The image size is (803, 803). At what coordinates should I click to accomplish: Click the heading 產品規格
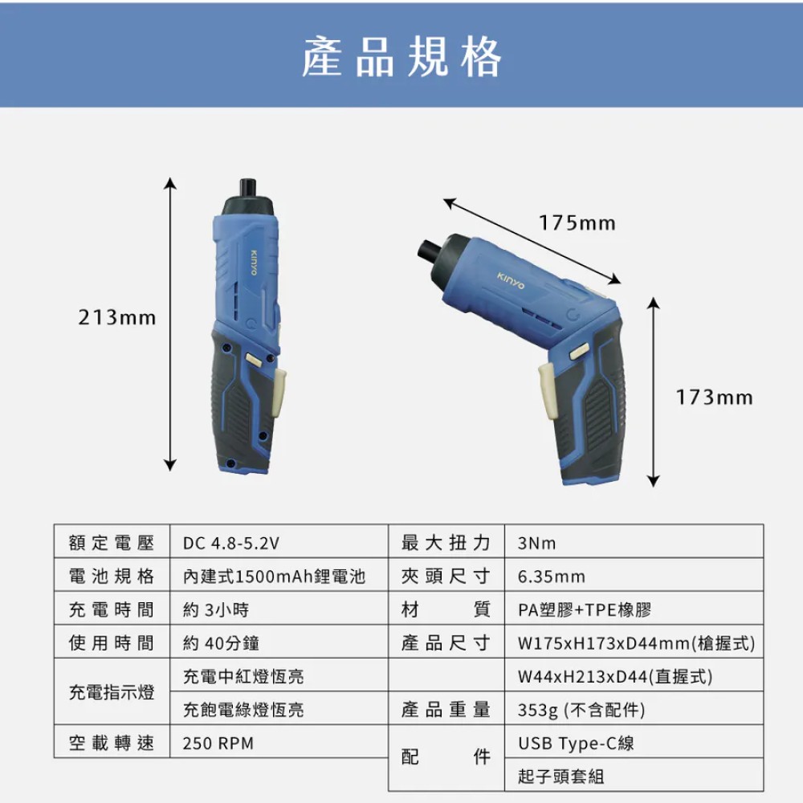click(401, 57)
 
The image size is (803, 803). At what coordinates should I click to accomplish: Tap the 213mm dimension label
click(117, 317)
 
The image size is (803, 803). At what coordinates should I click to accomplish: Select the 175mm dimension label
click(577, 222)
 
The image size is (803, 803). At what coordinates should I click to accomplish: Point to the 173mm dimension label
click(715, 397)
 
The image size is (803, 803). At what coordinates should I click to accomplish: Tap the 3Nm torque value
click(536, 543)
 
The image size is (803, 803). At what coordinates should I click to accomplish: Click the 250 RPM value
click(218, 743)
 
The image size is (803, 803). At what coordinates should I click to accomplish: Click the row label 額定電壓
click(112, 543)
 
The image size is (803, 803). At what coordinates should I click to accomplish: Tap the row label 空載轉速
click(112, 743)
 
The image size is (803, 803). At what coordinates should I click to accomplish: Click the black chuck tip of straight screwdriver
click(248, 188)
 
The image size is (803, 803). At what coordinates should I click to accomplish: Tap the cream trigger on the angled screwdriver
click(547, 391)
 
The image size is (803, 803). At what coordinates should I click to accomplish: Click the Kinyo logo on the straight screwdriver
click(254, 262)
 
